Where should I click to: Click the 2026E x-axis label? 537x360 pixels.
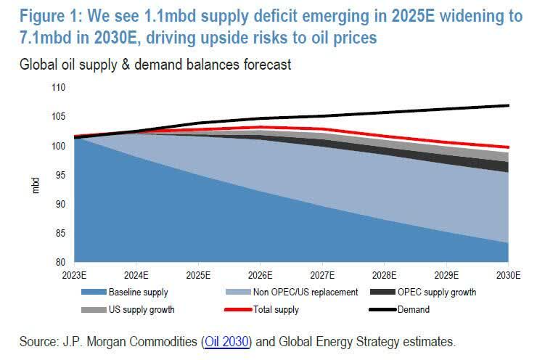pyautogui.click(x=261, y=276)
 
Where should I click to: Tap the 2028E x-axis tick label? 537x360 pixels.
pyautogui.click(x=385, y=276)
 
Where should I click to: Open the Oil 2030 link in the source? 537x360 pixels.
pyautogui.click(x=228, y=340)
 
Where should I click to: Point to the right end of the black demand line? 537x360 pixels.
pyautogui.click(x=508, y=105)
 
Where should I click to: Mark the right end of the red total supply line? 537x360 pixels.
pyautogui.click(x=508, y=147)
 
